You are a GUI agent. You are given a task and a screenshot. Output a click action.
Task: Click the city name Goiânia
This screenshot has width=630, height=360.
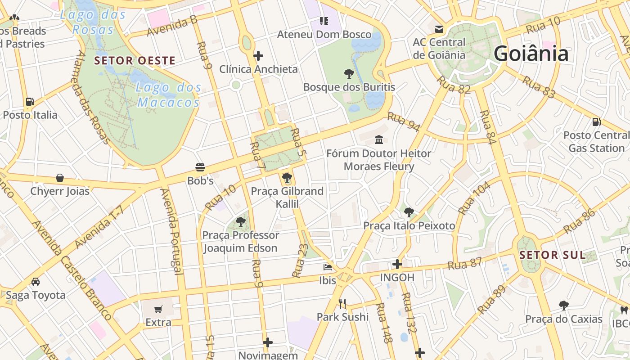point(531,54)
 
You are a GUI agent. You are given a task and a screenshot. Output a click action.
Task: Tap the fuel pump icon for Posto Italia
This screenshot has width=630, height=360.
point(30,102)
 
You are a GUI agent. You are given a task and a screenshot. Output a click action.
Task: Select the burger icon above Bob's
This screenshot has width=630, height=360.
point(200,167)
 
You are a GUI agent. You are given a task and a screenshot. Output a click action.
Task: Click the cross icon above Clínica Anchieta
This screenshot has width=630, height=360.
point(258,56)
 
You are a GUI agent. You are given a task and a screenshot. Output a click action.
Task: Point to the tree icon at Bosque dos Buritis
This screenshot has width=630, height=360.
point(349,74)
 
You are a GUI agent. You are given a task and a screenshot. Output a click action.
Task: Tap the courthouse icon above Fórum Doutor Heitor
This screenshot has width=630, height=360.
point(379,140)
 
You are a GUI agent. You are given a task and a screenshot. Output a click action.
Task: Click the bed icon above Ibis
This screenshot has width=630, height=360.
point(328,267)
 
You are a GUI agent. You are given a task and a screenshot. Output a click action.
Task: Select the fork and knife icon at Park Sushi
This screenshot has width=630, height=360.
point(342,304)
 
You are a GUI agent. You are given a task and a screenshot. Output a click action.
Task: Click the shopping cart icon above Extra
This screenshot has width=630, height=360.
point(158,309)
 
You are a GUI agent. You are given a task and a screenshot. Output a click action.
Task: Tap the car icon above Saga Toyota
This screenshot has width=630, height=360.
point(36,282)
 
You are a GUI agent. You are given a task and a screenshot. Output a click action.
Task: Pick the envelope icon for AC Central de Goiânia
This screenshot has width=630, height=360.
point(439,29)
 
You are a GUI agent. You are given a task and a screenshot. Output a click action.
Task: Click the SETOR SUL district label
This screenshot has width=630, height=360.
point(553,255)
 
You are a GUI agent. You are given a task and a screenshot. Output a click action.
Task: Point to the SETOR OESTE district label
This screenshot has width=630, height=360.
point(135,60)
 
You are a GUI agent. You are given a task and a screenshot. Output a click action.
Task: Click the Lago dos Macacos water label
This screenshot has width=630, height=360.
point(168,95)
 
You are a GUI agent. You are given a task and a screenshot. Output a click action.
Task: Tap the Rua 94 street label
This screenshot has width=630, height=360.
point(403,122)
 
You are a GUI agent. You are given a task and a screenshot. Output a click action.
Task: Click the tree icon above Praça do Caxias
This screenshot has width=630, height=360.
point(563,306)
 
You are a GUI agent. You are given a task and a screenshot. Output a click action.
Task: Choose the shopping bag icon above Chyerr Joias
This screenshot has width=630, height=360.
point(60,178)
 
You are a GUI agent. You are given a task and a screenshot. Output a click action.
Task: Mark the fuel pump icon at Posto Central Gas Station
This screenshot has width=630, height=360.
point(596,121)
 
